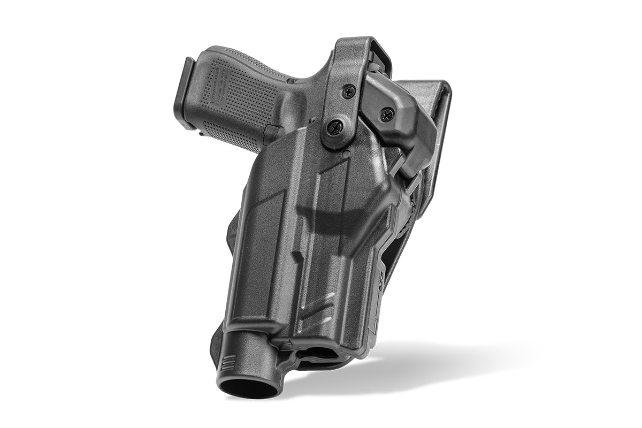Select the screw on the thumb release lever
[386, 113]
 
